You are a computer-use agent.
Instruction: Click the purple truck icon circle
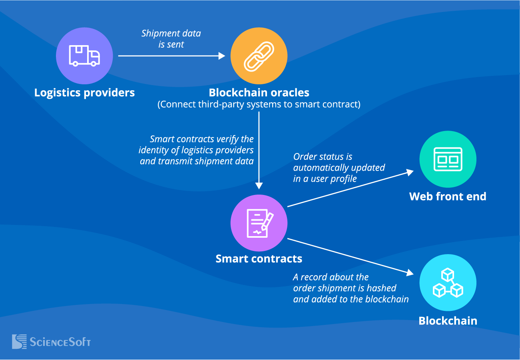coord(84,56)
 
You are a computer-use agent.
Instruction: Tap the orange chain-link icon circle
coord(259,56)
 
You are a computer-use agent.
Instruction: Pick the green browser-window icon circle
coord(448,159)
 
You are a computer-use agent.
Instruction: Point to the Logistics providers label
coord(84,93)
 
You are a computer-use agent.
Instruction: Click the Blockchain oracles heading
coord(259,93)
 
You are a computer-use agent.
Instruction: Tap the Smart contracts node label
coord(259,259)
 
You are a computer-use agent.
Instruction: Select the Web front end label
coord(448,196)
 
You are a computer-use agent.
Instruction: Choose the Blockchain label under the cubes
coord(448,320)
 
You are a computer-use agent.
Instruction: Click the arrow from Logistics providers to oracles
coord(172,56)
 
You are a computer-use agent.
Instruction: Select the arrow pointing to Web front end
coord(350,189)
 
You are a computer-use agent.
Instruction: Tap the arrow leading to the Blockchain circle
coord(350,256)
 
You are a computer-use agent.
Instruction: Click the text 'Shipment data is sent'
coord(171,39)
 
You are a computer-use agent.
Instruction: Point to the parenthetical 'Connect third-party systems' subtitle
coord(259,105)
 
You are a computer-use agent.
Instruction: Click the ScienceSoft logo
coord(51,342)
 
